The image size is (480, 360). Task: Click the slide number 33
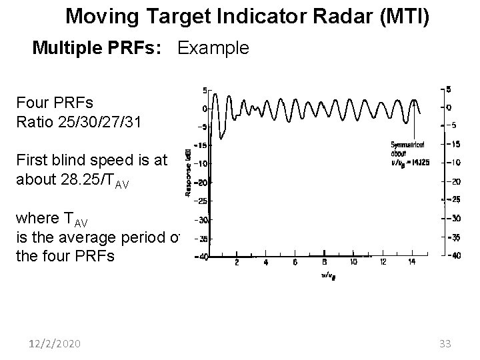[446, 343]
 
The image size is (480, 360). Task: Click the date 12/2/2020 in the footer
[55, 343]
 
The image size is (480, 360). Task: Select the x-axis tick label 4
[265, 262]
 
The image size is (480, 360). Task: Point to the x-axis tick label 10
[353, 262]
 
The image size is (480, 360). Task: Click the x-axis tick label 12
[383, 262]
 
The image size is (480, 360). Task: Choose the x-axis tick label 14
[412, 262]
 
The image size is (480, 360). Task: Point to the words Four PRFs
[55, 103]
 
